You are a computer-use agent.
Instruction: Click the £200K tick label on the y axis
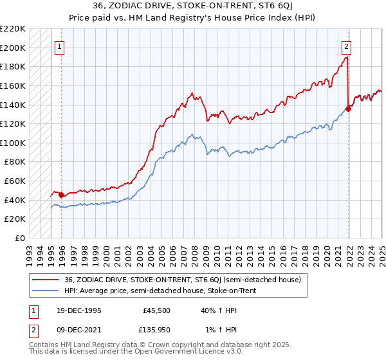pyautogui.click(x=14, y=48)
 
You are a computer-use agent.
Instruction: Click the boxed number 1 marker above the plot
pyautogui.click(x=59, y=46)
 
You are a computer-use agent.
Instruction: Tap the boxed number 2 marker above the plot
pyautogui.click(x=346, y=46)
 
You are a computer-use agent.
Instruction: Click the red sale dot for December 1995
pyautogui.click(x=62, y=195)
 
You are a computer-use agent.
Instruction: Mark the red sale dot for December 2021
pyautogui.click(x=348, y=109)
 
